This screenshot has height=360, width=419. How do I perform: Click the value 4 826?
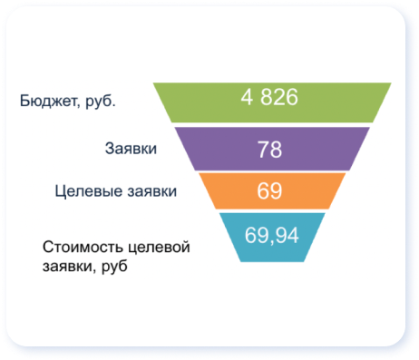point(269,97)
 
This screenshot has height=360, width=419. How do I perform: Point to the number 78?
point(269,149)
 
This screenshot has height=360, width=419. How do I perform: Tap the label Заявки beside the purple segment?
point(132,149)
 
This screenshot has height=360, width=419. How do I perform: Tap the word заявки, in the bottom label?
point(69,268)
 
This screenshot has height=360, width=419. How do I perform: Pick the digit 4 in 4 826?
point(247,97)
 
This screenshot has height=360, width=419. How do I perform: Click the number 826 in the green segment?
point(279,97)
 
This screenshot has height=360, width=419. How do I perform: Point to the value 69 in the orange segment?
point(269,190)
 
